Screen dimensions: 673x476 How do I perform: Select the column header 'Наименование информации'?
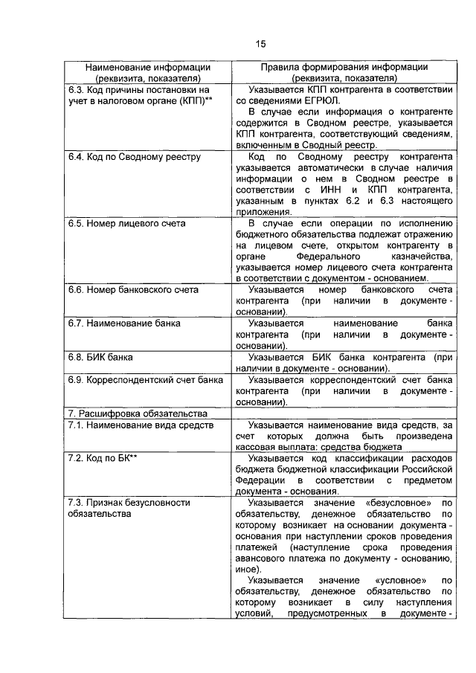146,66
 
